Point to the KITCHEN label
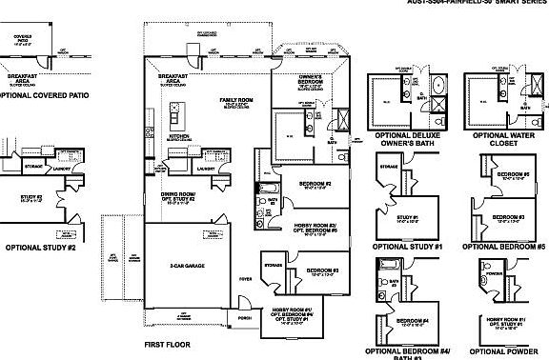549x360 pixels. point(178,136)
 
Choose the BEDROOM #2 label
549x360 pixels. point(315,184)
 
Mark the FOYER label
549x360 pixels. point(246,280)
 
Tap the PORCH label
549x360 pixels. point(244,318)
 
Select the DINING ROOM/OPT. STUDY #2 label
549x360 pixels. point(176,197)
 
